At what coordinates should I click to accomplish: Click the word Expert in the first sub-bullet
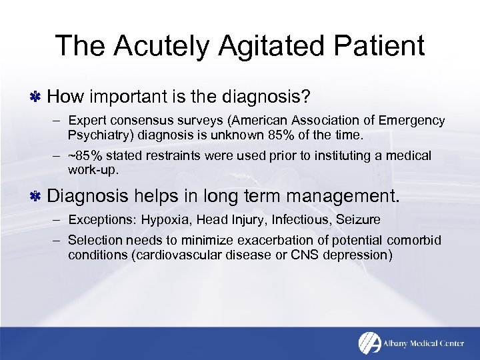coord(85,121)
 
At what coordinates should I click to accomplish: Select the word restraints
coord(159,155)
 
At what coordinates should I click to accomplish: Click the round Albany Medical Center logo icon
coord(369,343)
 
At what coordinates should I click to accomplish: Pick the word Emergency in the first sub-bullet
coord(413,121)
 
